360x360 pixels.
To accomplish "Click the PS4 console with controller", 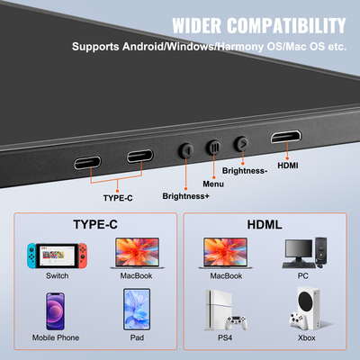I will [x=225, y=310].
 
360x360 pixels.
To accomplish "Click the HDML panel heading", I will [x=265, y=222].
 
